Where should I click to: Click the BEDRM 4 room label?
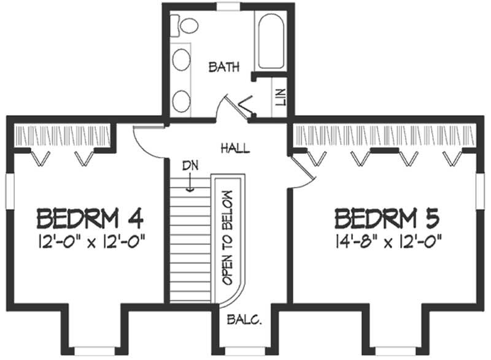tap(90, 218)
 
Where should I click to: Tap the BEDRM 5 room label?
tap(388, 218)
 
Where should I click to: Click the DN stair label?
tap(190, 166)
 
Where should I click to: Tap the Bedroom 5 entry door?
tap(303, 169)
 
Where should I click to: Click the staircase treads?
tap(189, 245)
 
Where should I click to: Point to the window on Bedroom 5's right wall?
tap(480, 190)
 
